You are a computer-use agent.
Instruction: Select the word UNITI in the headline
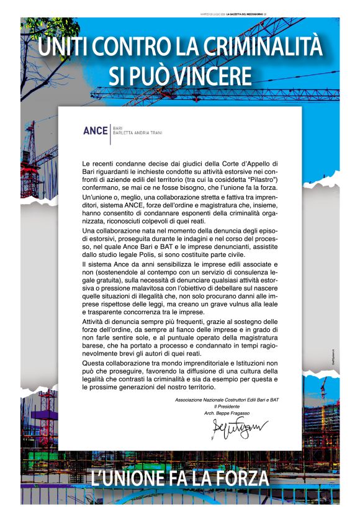[x=61, y=47]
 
